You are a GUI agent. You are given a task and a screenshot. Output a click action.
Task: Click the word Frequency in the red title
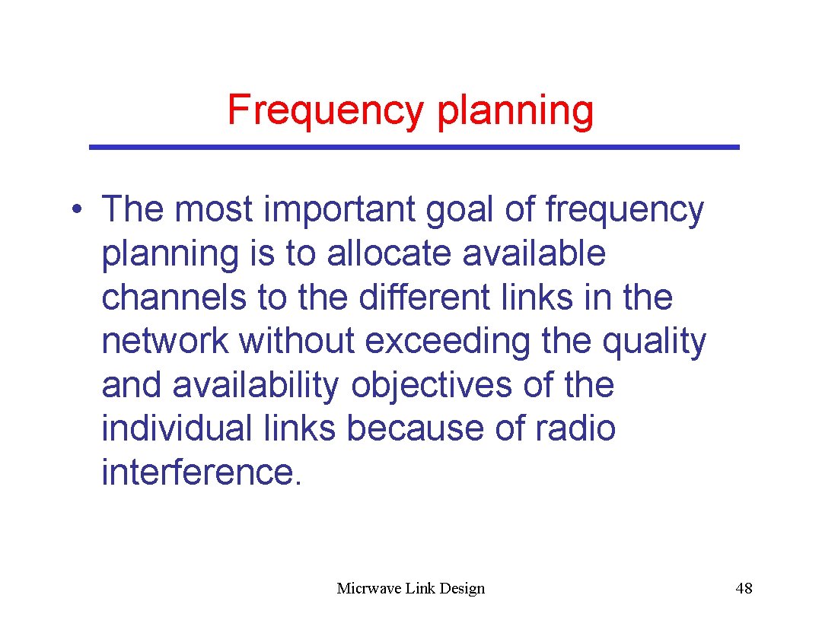(325, 110)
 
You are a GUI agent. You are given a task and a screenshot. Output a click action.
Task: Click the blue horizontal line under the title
(414, 147)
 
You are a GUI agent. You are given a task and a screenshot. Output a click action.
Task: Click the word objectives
(432, 385)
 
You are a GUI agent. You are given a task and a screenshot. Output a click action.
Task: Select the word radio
(575, 428)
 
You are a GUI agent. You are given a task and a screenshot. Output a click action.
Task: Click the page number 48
(744, 588)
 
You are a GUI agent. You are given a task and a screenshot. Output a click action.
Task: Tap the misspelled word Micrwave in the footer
(368, 588)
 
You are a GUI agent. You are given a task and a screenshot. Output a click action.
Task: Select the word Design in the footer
(460, 588)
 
